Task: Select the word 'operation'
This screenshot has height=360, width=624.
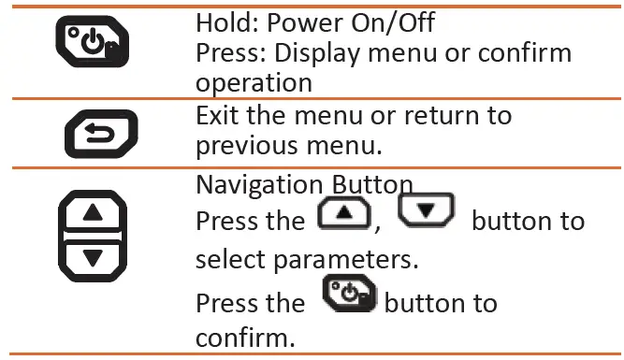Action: point(253,81)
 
